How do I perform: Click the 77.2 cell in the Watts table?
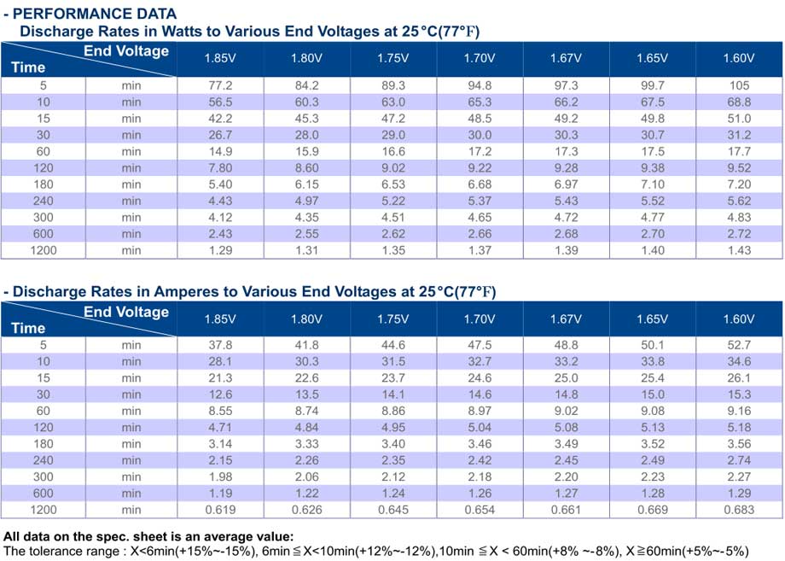[220, 85]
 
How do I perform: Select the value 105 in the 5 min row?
[740, 85]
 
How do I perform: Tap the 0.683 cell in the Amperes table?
[739, 510]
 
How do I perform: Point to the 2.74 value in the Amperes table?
[740, 460]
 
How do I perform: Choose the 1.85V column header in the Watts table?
[220, 58]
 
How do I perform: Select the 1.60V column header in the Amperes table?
[739, 319]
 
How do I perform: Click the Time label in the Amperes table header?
[28, 328]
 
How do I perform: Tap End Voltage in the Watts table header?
[126, 51]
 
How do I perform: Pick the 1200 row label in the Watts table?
[44, 250]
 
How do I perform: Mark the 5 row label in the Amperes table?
[44, 345]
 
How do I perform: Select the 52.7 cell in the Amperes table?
[740, 345]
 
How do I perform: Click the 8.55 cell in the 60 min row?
[220, 412]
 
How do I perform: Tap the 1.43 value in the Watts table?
[740, 250]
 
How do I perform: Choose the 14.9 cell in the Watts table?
[220, 152]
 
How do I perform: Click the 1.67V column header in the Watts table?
[567, 58]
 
